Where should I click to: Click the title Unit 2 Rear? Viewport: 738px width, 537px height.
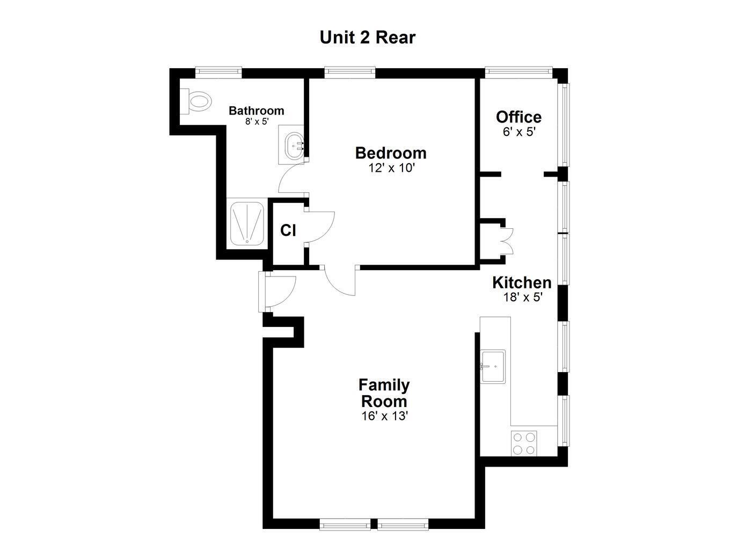pos(368,38)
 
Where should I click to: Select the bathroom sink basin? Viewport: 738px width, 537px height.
pos(293,144)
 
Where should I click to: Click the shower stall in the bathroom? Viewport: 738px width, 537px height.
pos(246,223)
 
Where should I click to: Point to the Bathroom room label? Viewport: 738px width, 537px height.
pos(256,111)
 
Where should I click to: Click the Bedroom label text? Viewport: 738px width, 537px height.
pos(391,153)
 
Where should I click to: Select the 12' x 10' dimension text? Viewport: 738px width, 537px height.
pos(391,168)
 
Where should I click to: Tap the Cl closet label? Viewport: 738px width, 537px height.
pos(288,230)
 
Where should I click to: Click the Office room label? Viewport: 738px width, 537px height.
pos(518,117)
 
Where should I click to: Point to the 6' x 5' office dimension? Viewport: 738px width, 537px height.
pos(519,132)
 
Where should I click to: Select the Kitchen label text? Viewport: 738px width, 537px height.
pos(522,282)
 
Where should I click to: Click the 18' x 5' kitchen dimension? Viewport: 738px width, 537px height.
pos(523,297)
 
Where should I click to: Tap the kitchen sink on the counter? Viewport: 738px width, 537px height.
pos(493,366)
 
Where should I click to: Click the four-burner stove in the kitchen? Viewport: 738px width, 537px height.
pos(524,443)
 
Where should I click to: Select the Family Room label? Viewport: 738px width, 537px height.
pos(384,393)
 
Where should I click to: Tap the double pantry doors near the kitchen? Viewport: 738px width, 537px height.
pos(506,241)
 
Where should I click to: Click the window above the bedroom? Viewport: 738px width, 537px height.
pos(349,71)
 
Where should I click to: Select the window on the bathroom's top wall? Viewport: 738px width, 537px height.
pos(218,71)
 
